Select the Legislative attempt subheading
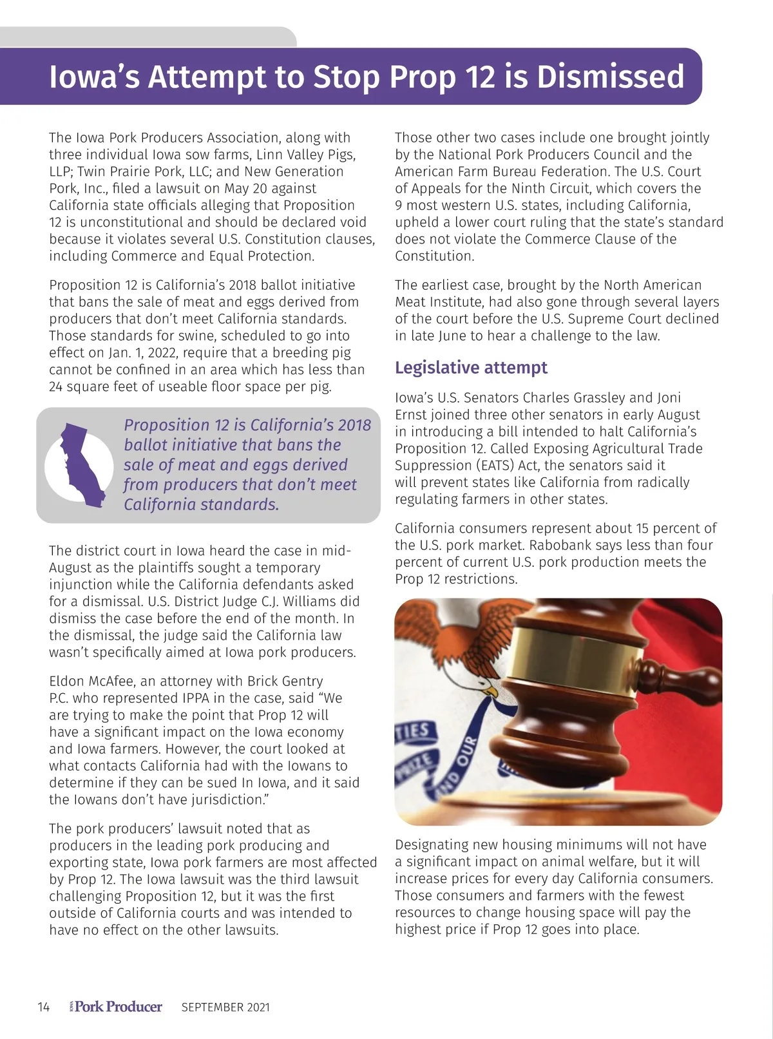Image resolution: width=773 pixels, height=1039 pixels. coord(471,368)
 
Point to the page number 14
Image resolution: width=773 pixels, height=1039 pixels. coord(43,1007)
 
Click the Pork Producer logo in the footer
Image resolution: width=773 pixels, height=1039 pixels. coord(117,1007)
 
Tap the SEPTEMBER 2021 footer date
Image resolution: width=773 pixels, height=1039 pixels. coord(225,1007)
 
